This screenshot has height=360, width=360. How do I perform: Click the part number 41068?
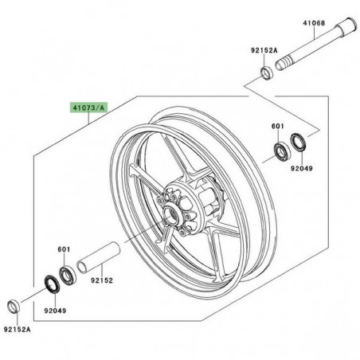[x=313, y=23]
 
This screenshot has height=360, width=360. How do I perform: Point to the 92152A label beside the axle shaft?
[x=264, y=49]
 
